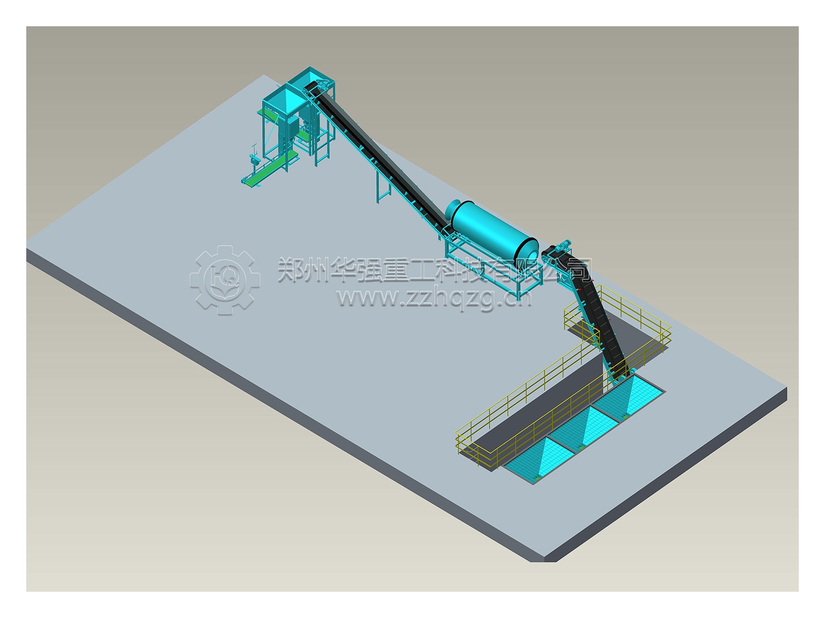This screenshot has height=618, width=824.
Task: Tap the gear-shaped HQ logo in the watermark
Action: (225, 280)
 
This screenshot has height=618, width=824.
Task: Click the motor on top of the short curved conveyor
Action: (561, 245)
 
